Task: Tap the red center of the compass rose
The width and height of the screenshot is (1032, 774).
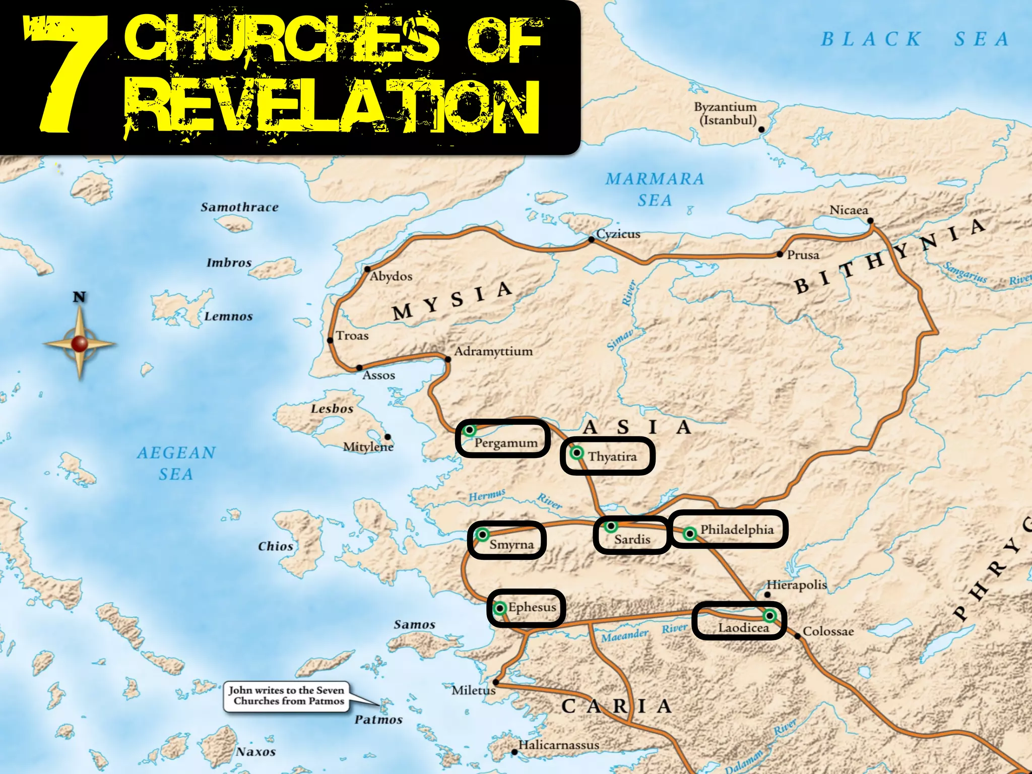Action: point(80,344)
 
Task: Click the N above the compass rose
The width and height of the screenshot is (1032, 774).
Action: point(79,297)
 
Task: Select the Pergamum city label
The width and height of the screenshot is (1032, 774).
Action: point(506,443)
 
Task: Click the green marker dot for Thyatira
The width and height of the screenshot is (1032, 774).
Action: point(577,453)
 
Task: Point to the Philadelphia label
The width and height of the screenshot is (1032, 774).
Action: point(737,530)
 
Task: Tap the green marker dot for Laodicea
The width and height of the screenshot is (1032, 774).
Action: point(769,615)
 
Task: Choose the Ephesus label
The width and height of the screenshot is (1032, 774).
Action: point(532,607)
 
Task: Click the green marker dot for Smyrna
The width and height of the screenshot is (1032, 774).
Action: point(482,534)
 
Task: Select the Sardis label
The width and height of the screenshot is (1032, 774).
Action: point(632,540)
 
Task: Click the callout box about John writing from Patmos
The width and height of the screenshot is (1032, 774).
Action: point(287,696)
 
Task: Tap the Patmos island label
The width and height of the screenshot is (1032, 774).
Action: point(378,720)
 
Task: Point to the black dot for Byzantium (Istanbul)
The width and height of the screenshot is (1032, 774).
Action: point(761,130)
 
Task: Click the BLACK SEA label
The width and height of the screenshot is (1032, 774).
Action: point(915,39)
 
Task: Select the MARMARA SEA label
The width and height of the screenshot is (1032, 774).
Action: point(655,189)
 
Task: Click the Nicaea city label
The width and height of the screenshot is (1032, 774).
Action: point(849,210)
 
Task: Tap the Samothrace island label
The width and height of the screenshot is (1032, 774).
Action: point(239,207)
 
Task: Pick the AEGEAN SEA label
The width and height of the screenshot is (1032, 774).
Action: point(176,463)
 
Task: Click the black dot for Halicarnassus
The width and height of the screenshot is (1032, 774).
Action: point(514,752)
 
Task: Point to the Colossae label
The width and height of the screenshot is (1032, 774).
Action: point(828,631)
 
